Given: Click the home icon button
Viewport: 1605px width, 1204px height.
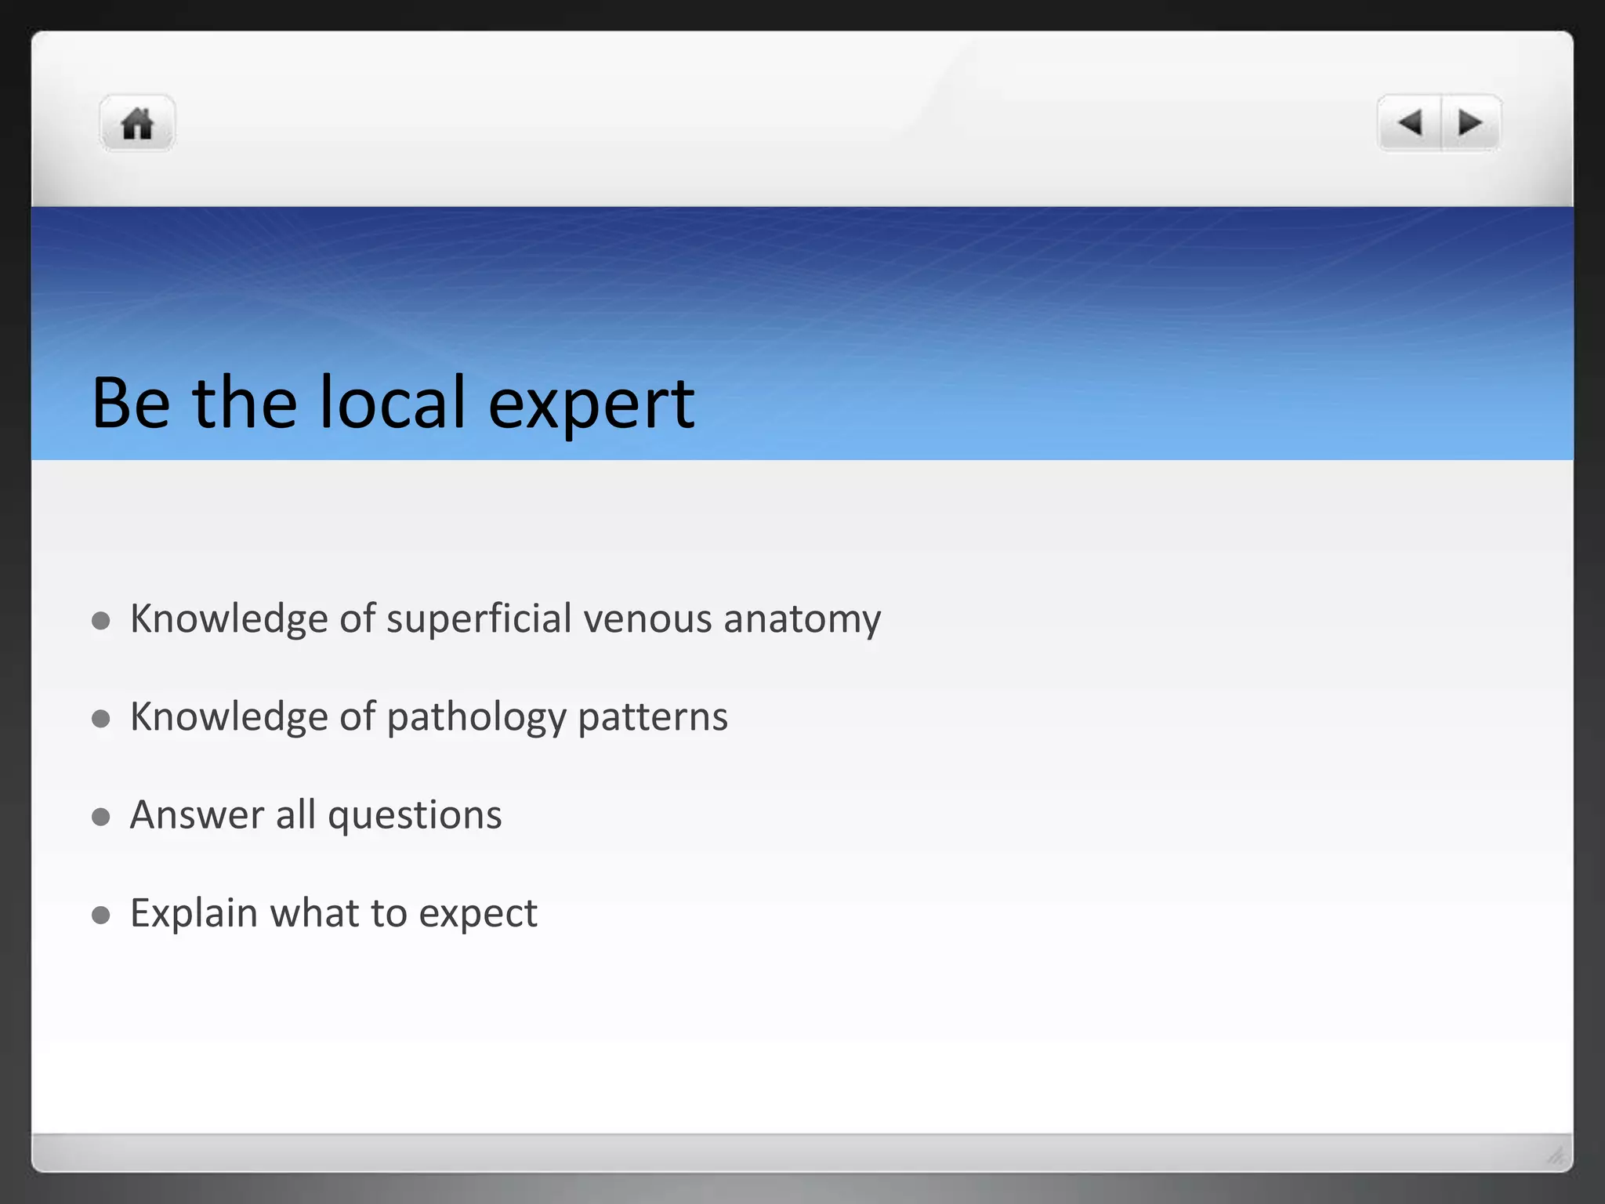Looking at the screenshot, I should [x=137, y=124].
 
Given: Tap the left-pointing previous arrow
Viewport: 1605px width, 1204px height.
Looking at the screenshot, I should [x=1410, y=123].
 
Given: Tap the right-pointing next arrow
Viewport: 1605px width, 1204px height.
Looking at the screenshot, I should [x=1470, y=123].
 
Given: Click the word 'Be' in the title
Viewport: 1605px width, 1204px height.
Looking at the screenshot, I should [x=131, y=403].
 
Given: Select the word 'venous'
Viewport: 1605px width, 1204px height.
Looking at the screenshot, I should [x=648, y=619].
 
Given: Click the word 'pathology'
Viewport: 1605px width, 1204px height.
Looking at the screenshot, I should [x=476, y=718].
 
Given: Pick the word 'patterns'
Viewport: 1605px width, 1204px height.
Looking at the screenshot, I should [x=653, y=718].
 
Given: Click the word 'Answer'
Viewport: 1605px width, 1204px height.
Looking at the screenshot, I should [x=197, y=815].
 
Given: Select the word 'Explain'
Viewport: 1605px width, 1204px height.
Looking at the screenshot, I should [x=194, y=914].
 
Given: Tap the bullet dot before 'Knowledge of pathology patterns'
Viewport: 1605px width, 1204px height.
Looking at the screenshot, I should [x=100, y=719].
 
